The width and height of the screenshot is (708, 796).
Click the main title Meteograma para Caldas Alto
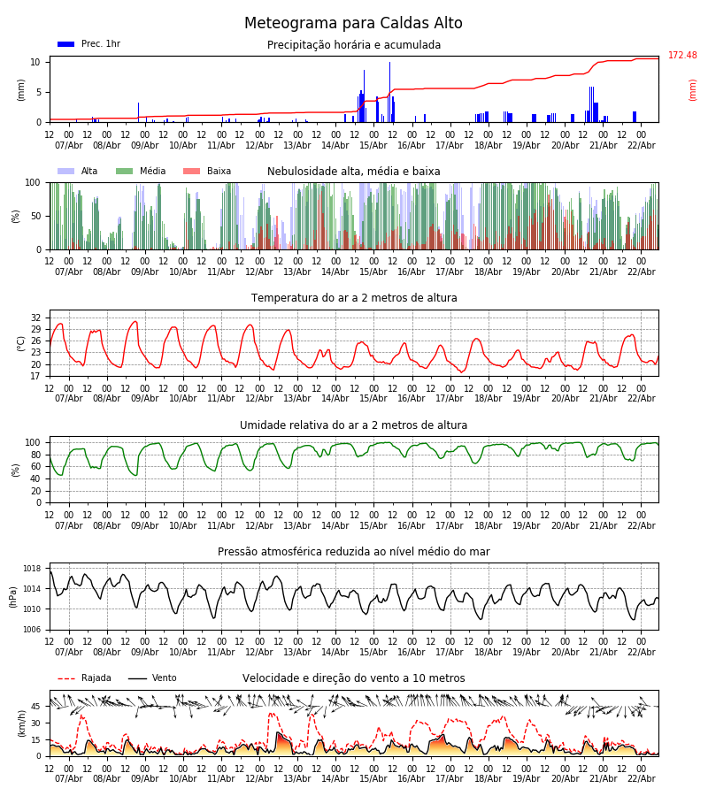(353, 24)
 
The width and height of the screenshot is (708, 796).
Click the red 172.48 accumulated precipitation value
(682, 56)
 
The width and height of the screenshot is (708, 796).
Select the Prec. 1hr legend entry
(88, 44)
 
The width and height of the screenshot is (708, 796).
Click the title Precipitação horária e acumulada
(354, 45)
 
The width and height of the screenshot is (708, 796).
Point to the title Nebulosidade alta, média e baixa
(354, 172)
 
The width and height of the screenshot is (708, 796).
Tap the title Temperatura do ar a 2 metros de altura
(354, 298)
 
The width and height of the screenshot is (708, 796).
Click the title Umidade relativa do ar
(354, 425)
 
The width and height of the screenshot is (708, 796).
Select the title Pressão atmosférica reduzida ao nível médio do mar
(354, 552)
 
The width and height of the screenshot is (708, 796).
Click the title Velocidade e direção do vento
(354, 678)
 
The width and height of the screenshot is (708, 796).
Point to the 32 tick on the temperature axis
(36, 318)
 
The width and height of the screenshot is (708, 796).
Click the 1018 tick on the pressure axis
(33, 569)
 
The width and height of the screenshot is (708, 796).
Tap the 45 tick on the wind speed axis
(36, 707)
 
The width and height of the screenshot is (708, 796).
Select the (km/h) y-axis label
(21, 723)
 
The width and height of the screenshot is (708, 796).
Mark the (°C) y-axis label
(21, 343)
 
